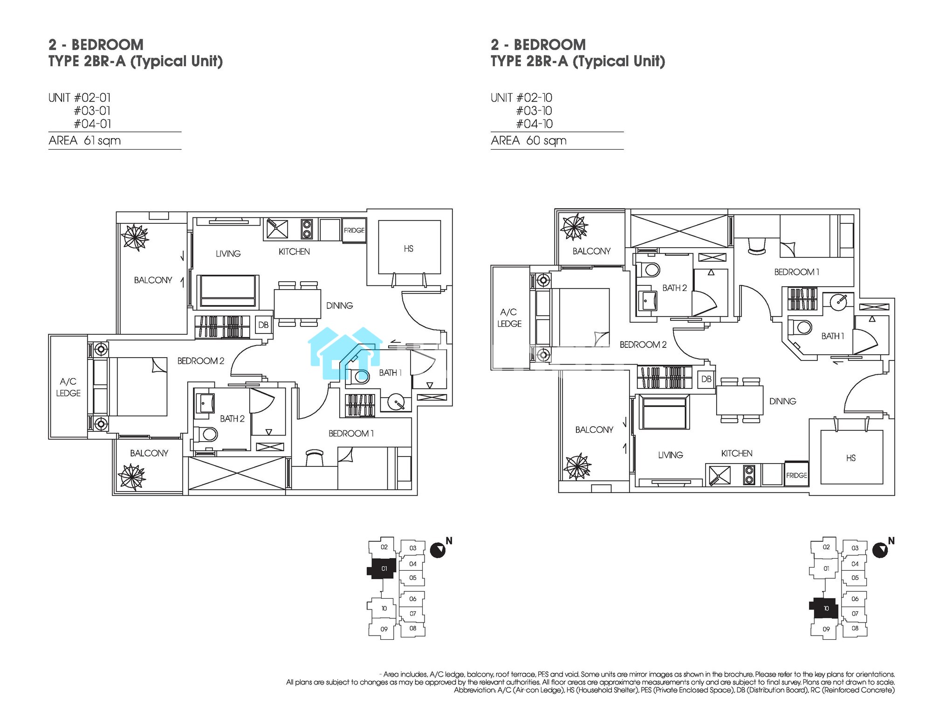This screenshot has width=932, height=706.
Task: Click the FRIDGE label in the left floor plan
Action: coord(354,230)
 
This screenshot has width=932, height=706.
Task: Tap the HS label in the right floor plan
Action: coord(851,458)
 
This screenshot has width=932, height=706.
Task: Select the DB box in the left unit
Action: coord(263,325)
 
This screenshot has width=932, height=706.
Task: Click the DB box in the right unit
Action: coord(706,379)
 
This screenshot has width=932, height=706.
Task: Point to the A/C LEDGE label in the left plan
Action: coord(69,388)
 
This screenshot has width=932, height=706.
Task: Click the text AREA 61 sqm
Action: coord(84,141)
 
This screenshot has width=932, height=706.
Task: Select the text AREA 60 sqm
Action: coord(528,141)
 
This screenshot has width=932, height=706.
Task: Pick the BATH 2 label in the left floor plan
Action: coord(232,419)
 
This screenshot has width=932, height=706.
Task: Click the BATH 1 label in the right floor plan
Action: coord(833,336)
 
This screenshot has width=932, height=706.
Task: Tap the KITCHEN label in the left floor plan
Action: coord(294,252)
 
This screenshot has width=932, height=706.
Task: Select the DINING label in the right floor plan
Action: coord(783,401)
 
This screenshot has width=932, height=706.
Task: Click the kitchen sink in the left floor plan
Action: coord(277,229)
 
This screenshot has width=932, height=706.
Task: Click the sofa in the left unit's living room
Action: coord(227,291)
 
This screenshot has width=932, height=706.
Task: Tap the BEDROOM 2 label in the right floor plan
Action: coord(643,345)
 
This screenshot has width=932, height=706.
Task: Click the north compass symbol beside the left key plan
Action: coord(438,550)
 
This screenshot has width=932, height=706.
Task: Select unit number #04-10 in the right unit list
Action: coord(534,124)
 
